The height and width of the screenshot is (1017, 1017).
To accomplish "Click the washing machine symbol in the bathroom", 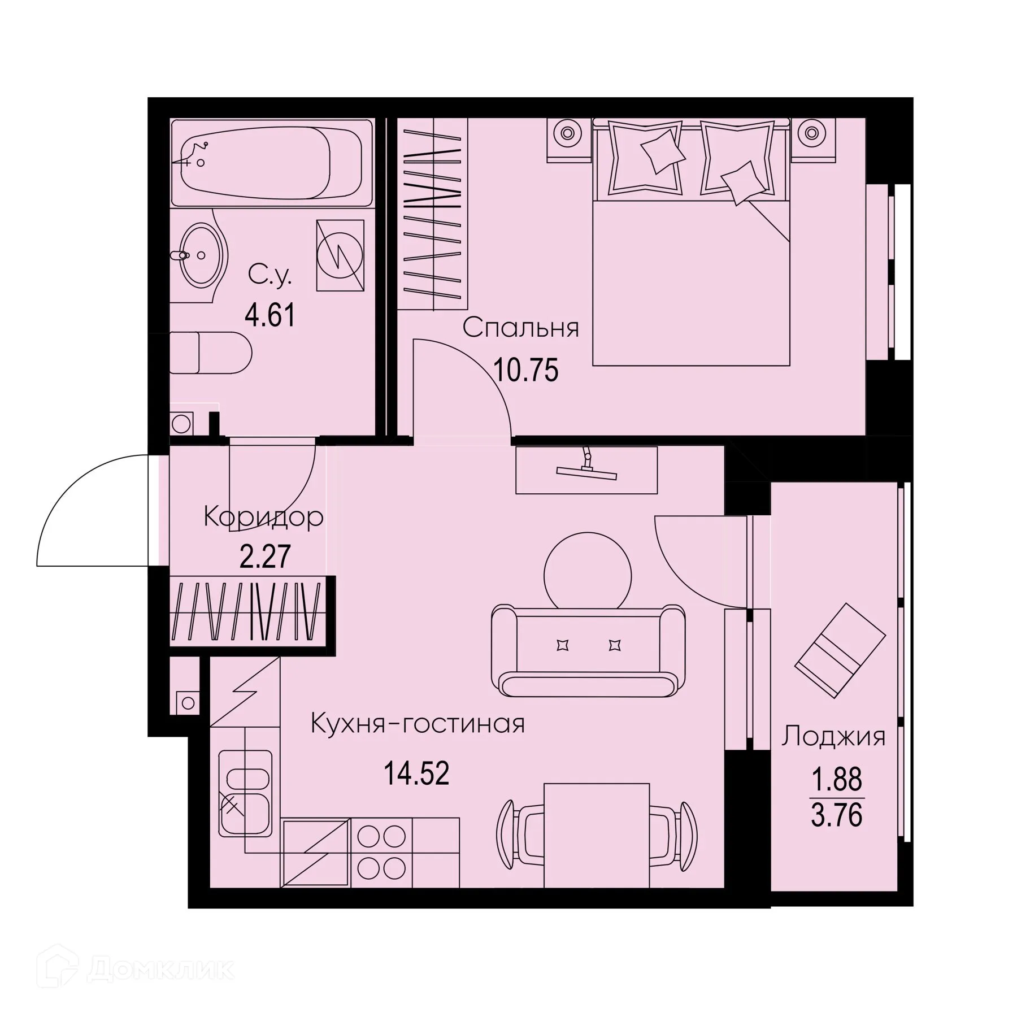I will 340,255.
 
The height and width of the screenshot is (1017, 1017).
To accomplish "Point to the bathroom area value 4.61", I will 270,315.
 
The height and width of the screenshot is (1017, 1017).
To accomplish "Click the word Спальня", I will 521,328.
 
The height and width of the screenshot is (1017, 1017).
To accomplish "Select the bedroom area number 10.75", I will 525,371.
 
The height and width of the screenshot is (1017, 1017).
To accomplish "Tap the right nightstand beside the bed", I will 811,139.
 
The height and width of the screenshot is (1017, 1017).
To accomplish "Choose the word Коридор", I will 263,516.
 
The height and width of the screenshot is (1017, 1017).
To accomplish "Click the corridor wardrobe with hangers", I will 249,610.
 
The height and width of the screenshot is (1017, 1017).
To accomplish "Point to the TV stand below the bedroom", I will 586,470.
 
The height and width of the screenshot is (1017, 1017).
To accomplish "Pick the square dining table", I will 596,835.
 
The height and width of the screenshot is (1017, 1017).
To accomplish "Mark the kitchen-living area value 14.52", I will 416,773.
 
